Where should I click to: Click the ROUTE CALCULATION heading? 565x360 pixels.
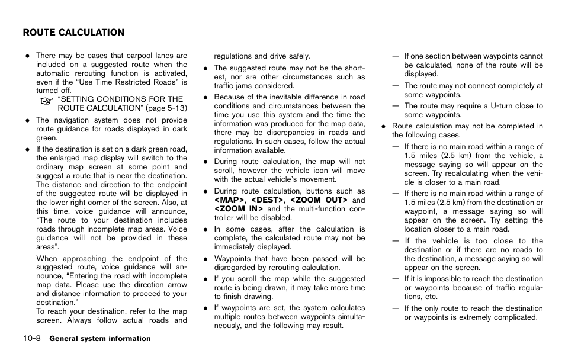(x=73, y=33)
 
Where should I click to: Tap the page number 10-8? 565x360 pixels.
(x=32, y=339)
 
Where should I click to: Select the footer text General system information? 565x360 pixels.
(x=100, y=339)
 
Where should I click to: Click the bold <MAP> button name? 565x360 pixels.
(x=229, y=200)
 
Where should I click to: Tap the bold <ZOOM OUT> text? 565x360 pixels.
(x=318, y=200)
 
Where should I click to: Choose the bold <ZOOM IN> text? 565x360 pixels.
(x=239, y=209)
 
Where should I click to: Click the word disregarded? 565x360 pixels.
(x=235, y=267)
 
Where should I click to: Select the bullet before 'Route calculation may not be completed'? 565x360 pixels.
(x=384, y=126)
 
